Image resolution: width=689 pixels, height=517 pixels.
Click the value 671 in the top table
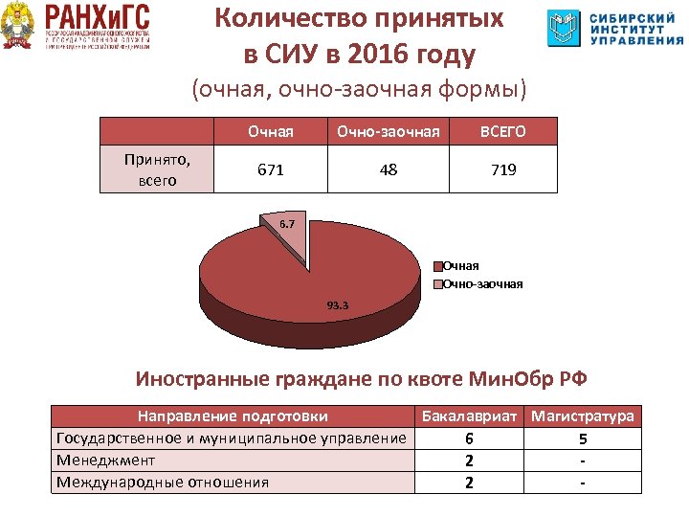[270, 169]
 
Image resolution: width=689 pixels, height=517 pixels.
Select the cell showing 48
[389, 169]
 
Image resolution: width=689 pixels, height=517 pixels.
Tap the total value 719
[503, 169]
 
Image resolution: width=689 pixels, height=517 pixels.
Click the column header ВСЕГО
[503, 130]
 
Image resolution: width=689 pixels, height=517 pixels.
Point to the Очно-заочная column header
[389, 130]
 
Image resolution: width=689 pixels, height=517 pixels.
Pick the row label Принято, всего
[158, 169]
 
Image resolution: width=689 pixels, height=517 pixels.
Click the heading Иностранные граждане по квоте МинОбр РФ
[361, 378]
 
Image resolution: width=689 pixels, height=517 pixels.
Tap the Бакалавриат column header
[469, 416]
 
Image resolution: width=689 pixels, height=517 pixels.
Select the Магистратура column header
[583, 416]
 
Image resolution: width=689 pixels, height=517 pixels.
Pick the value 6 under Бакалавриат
[469, 438]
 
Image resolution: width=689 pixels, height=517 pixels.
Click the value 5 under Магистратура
[583, 438]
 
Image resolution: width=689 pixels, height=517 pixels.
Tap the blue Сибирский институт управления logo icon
[564, 29]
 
